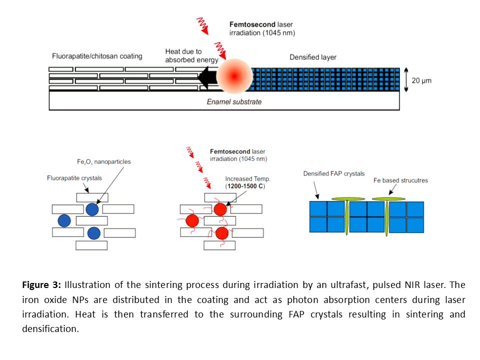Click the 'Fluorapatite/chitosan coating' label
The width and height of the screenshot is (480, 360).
pyautogui.click(x=97, y=56)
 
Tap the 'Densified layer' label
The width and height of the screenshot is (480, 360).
pyautogui.click(x=313, y=57)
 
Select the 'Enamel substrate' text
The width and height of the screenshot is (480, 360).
pyautogui.click(x=234, y=102)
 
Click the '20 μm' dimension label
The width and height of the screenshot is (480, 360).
pyautogui.click(x=422, y=80)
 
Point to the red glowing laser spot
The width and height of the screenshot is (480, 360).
pyautogui.click(x=234, y=76)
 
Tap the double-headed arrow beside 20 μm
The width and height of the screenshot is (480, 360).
pyautogui.click(x=406, y=79)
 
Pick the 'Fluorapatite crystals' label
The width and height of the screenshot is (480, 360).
pyautogui.click(x=74, y=178)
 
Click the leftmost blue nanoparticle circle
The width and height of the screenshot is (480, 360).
pyautogui.click(x=64, y=220)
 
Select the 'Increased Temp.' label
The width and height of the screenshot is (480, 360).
pyautogui.click(x=248, y=178)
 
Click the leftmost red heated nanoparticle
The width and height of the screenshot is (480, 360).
pyautogui.click(x=192, y=220)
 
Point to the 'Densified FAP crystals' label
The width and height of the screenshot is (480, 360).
pyautogui.click(x=334, y=173)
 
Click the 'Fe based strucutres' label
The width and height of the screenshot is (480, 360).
pyautogui.click(x=401, y=180)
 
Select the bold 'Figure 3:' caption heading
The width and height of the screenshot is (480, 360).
pyautogui.click(x=41, y=285)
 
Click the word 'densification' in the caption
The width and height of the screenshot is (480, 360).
pyautogui.click(x=50, y=329)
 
